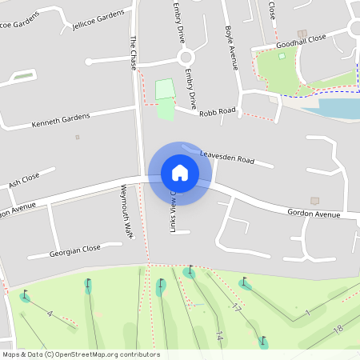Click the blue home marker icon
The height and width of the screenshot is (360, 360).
(x=179, y=172)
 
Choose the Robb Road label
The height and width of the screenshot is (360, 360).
(x=218, y=113)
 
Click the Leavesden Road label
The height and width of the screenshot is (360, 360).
(x=226, y=159)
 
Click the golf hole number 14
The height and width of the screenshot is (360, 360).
(x=218, y=337)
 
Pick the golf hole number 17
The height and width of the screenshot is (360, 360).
(x=236, y=307)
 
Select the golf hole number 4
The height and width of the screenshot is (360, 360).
(x=50, y=313)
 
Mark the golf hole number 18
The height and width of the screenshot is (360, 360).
(x=338, y=329)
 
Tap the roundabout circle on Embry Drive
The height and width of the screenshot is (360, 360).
(x=186, y=58)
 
